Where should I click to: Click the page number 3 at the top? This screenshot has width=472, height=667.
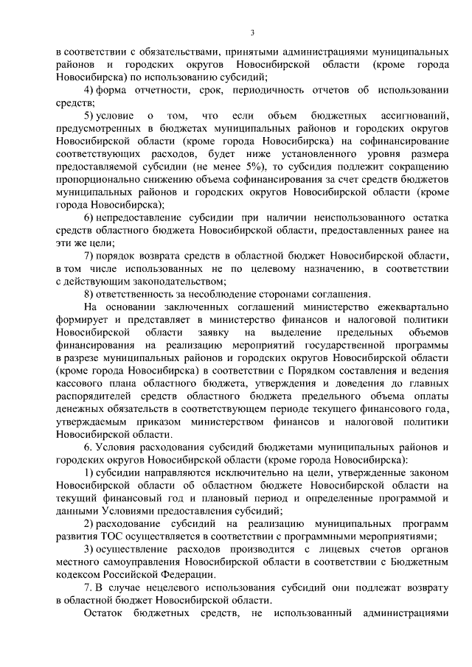pyautogui.click(x=252, y=32)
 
